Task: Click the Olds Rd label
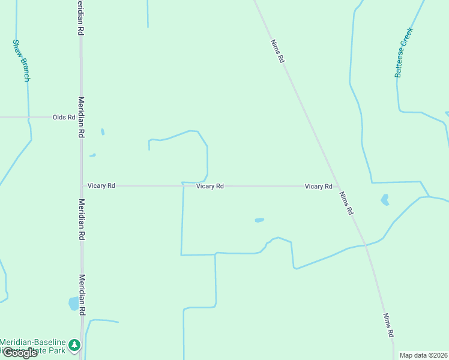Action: [x=64, y=118]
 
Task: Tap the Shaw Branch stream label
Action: [x=20, y=61]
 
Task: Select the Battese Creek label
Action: [x=404, y=52]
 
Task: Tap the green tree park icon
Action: [x=74, y=345]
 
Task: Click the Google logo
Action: [x=19, y=353]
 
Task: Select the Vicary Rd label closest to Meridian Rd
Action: [x=101, y=186]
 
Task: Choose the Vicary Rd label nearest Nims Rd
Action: [x=318, y=187]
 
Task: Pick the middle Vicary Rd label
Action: [x=210, y=187]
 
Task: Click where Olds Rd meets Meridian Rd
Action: [x=81, y=118]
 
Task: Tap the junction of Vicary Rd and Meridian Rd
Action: [x=82, y=186]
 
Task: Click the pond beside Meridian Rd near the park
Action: [x=74, y=304]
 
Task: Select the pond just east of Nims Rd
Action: [x=385, y=199]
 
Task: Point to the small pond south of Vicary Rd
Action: [x=259, y=220]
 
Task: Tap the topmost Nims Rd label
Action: [x=277, y=52]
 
